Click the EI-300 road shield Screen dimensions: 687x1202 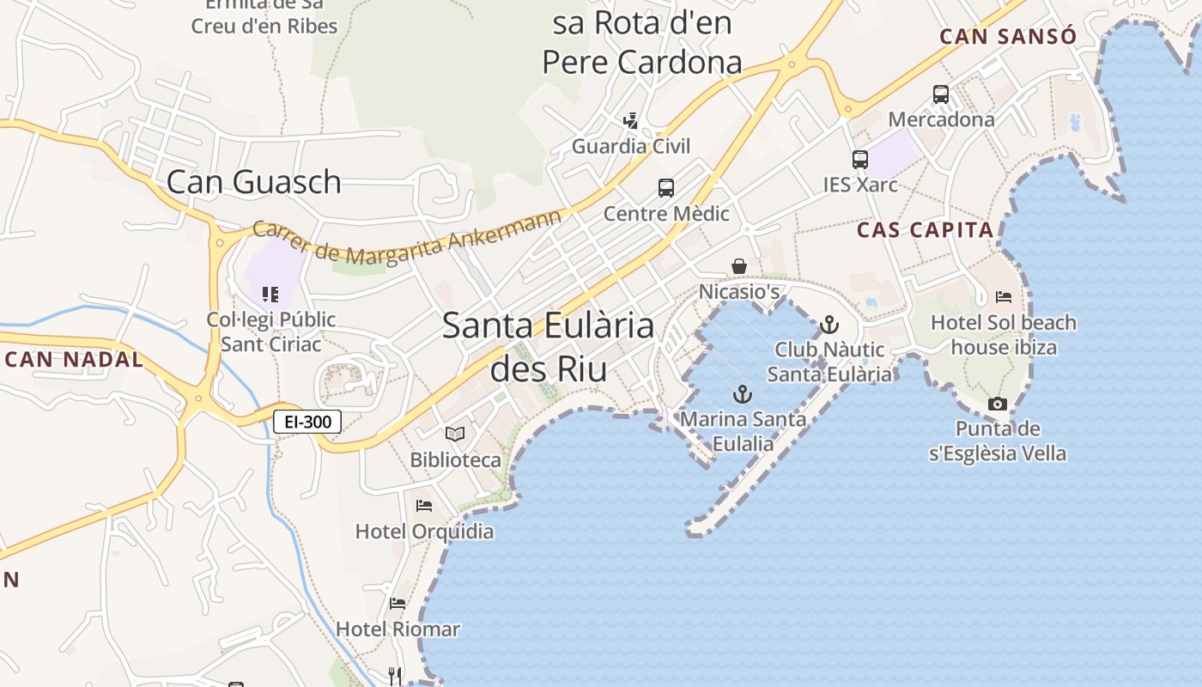pyautogui.click(x=308, y=422)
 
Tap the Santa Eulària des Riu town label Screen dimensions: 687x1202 pyautogui.click(x=549, y=347)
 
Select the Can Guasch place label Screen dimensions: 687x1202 pyautogui.click(x=254, y=182)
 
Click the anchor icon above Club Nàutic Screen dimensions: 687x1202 pyautogui.click(x=829, y=325)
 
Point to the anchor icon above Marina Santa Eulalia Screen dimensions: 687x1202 pyautogui.click(x=743, y=394)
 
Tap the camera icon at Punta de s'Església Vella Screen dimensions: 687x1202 pyautogui.click(x=997, y=404)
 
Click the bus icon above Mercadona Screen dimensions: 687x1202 pyautogui.click(x=941, y=94)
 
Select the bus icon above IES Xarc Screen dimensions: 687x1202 pyautogui.click(x=859, y=160)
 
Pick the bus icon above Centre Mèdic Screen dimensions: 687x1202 pyautogui.click(x=665, y=188)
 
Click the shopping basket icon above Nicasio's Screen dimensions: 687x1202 pyautogui.click(x=738, y=266)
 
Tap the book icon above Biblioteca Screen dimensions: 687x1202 pyautogui.click(x=455, y=435)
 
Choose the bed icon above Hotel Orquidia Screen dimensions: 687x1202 pyautogui.click(x=424, y=506)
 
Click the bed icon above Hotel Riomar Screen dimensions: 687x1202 pyautogui.click(x=398, y=604)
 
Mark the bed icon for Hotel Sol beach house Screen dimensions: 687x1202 pyautogui.click(x=1004, y=297)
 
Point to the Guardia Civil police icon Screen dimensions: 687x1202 pyautogui.click(x=631, y=121)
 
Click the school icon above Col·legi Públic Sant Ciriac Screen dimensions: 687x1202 pyautogui.click(x=270, y=295)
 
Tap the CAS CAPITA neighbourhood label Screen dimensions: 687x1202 pyautogui.click(x=926, y=230)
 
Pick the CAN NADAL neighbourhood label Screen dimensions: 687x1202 pyautogui.click(x=74, y=359)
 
